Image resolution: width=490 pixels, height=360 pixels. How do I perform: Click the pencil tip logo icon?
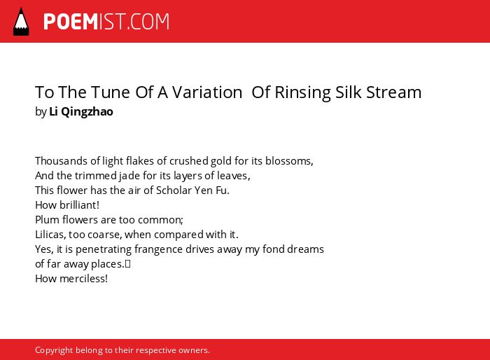point(21,22)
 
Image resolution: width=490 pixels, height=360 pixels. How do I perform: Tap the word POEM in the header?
point(71,22)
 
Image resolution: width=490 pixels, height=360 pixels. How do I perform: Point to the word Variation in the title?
point(207,92)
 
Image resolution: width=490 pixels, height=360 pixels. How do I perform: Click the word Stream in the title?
point(393,92)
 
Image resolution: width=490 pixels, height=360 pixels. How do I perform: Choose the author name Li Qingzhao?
point(81,111)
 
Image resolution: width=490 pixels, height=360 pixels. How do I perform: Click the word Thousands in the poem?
point(62,161)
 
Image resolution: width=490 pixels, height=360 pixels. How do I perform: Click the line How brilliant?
point(67,205)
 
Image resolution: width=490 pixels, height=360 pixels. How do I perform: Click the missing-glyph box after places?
point(127,264)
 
